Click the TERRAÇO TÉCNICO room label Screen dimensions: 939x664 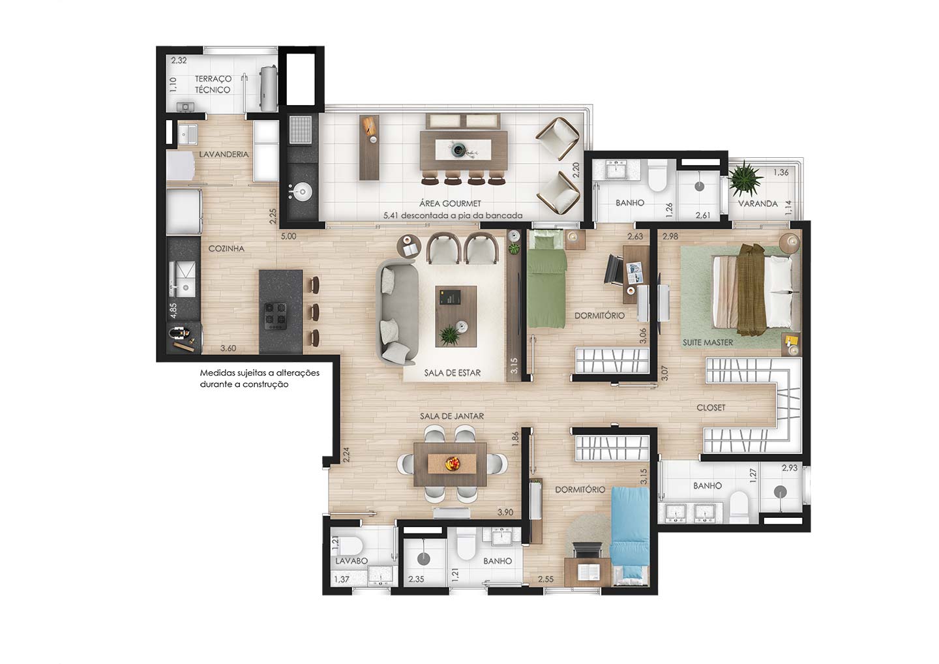[213, 84]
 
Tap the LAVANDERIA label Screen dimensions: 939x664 [224, 155]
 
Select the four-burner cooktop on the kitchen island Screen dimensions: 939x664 [275, 316]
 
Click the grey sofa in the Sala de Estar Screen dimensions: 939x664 [397, 312]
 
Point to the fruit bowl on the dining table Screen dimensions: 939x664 [453, 464]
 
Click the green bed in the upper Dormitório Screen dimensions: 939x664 [546, 280]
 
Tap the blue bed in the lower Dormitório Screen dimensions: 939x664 [629, 536]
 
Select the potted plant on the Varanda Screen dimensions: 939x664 [745, 178]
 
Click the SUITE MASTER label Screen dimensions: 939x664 [708, 342]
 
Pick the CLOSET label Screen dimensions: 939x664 [711, 408]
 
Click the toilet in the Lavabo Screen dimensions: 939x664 [349, 545]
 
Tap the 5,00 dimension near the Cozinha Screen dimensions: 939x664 [288, 236]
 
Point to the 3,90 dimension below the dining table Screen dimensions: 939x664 [505, 512]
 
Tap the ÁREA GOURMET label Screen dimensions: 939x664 [450, 204]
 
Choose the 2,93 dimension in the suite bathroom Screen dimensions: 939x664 [790, 468]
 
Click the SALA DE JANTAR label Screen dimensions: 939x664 [452, 416]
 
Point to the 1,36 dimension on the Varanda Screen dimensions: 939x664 [781, 172]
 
